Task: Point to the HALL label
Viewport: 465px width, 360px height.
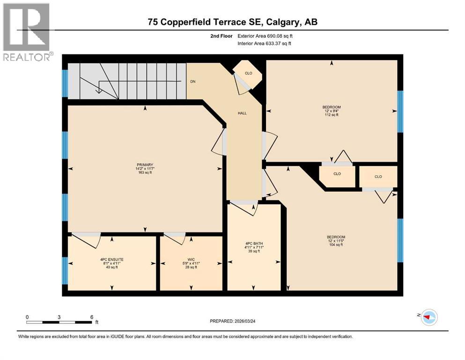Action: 242,113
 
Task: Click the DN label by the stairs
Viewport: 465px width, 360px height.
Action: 192,82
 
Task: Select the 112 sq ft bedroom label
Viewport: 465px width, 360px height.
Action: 332,111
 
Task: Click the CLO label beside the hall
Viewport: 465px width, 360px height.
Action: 249,73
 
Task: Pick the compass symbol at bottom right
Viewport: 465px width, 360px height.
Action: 428,318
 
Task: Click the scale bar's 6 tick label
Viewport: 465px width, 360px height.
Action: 91,317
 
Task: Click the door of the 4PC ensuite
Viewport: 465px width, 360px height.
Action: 87,239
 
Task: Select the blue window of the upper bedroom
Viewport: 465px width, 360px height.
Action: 400,112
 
